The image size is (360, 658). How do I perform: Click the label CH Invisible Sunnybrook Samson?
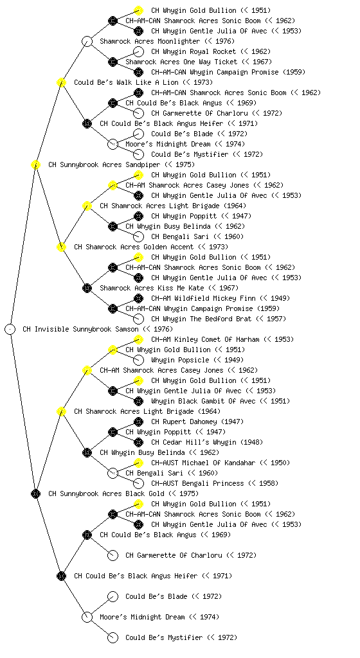(x=80, y=329)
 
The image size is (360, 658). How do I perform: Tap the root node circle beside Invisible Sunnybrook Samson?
(x=10, y=329)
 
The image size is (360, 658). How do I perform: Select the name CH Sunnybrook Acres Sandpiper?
(x=104, y=164)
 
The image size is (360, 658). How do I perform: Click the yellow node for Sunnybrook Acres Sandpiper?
(x=35, y=164)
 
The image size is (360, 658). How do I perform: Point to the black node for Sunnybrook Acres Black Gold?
(x=35, y=493)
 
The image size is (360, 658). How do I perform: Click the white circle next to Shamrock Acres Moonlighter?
(x=87, y=41)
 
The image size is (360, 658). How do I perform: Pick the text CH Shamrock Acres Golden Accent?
(x=134, y=247)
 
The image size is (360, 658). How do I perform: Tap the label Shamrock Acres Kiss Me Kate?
(x=152, y=288)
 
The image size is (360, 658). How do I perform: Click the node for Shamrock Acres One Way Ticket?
(x=113, y=62)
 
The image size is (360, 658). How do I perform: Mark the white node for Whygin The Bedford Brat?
(x=138, y=319)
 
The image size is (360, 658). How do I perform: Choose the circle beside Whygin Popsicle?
(x=138, y=360)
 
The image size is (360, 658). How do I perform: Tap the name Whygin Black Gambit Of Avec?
(x=203, y=401)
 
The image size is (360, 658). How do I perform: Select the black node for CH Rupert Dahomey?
(x=138, y=422)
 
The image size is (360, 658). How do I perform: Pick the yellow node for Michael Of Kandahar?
(x=138, y=463)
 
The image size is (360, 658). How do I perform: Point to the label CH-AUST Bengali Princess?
(x=197, y=483)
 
